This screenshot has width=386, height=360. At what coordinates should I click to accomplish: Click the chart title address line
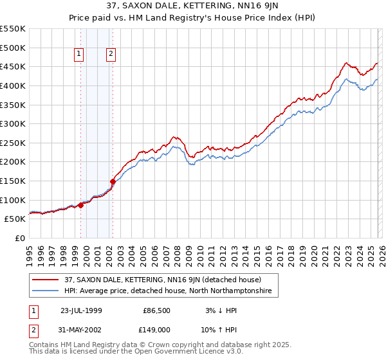click(192, 7)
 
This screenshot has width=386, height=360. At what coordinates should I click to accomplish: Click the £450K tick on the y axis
click(13, 66)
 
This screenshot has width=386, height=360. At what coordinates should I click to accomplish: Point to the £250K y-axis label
click(13, 143)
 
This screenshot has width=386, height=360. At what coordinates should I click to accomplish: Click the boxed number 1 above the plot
click(79, 55)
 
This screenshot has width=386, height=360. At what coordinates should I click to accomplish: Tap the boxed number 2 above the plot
click(111, 55)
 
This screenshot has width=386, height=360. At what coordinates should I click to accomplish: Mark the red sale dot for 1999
click(81, 205)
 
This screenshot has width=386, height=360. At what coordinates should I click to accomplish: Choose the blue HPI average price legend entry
click(168, 291)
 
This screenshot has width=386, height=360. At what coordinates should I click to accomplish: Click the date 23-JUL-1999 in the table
click(80, 310)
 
